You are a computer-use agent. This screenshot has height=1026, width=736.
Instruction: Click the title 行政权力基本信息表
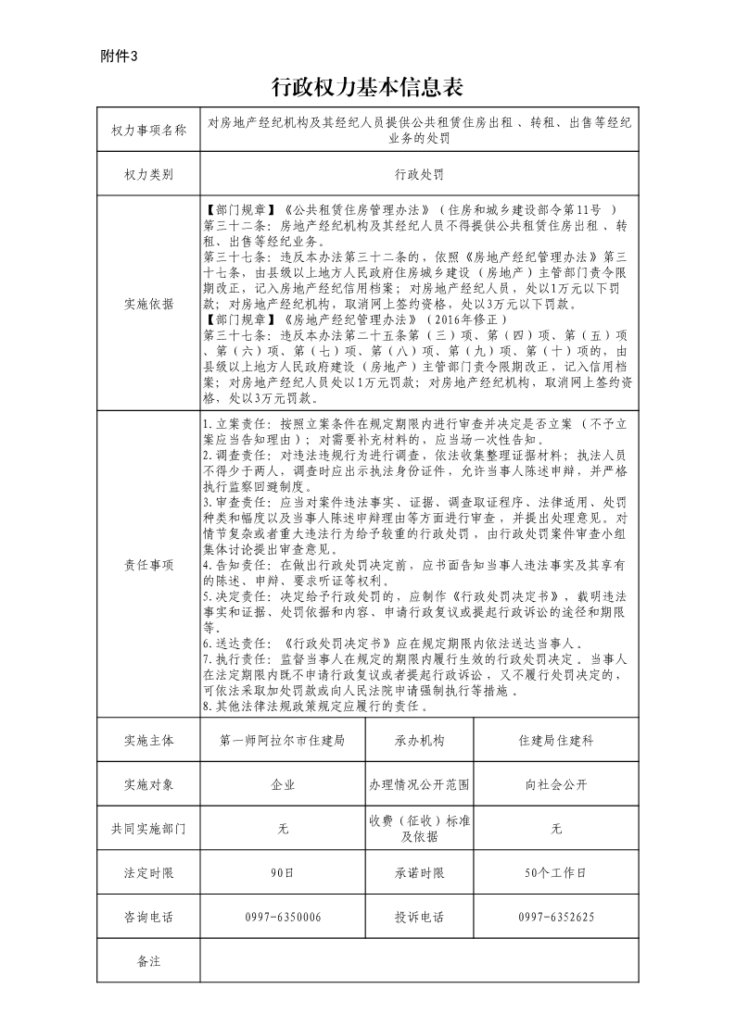point(367,88)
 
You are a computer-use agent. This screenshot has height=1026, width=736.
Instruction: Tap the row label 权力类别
point(148,174)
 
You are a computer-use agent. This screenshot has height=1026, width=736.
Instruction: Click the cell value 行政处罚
point(419,174)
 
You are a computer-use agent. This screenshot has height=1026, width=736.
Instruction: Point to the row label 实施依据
point(148,303)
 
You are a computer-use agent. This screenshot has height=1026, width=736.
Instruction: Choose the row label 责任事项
point(148,563)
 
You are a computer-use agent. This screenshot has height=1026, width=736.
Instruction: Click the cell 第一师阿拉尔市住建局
point(283,741)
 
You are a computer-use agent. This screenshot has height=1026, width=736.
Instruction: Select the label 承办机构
point(419,741)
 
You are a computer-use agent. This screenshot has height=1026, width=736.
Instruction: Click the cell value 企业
point(283,785)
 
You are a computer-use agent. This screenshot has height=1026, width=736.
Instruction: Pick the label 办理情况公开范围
point(419,785)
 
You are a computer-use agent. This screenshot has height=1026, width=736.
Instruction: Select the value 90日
point(283,873)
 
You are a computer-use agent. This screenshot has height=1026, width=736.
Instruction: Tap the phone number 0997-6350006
point(283,918)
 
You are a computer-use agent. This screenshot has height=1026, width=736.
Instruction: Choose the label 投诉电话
point(419,918)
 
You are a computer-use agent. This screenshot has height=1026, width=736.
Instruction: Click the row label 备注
point(148,962)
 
